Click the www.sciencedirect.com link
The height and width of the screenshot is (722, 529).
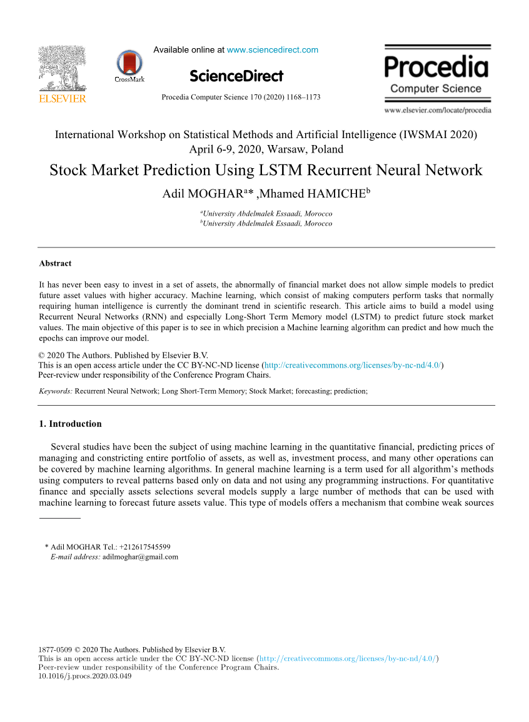[272, 50]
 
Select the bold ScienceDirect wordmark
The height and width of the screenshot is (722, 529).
[236, 76]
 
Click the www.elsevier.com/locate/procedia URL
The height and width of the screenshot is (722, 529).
[438, 111]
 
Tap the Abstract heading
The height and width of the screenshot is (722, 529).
[55, 264]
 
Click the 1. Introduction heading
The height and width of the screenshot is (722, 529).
[70, 424]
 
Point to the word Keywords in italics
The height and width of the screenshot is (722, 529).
[55, 391]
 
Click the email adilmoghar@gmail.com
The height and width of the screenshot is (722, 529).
[140, 556]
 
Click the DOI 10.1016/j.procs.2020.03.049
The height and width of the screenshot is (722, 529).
[85, 676]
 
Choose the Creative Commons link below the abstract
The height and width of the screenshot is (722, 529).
[354, 366]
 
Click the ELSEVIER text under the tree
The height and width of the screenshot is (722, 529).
[62, 99]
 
